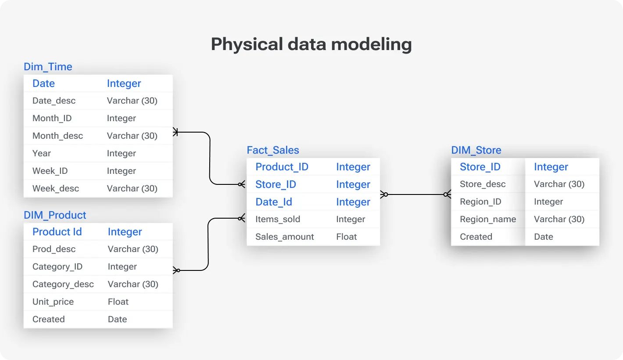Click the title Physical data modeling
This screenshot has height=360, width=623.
pos(311,44)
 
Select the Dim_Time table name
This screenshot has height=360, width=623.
pos(48,67)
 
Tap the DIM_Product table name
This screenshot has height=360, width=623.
pos(55,215)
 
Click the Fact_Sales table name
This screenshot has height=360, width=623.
pos(273,150)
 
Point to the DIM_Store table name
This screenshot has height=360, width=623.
pos(476,150)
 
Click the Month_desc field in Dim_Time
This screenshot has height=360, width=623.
pos(57,136)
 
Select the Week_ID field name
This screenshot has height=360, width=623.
pos(50,171)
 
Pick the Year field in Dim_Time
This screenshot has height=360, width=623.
pos(42,153)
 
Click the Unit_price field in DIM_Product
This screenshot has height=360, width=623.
pos(53,302)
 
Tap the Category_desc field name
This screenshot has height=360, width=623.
pos(63,284)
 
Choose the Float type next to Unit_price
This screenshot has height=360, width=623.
pos(118,302)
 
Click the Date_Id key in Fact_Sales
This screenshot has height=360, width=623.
pos(274,202)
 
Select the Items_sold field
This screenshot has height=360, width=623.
pos(278,219)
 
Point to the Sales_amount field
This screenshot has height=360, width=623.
pos(285,237)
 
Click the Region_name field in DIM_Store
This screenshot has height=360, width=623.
pos(488,219)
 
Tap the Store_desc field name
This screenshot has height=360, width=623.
pos(483,184)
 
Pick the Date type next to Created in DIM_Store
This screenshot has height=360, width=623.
pos(543,237)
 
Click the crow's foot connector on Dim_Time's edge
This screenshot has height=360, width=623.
pos(176,132)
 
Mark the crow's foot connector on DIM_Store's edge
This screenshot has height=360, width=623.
pos(447,194)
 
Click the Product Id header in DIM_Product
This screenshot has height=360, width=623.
pos(57,232)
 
